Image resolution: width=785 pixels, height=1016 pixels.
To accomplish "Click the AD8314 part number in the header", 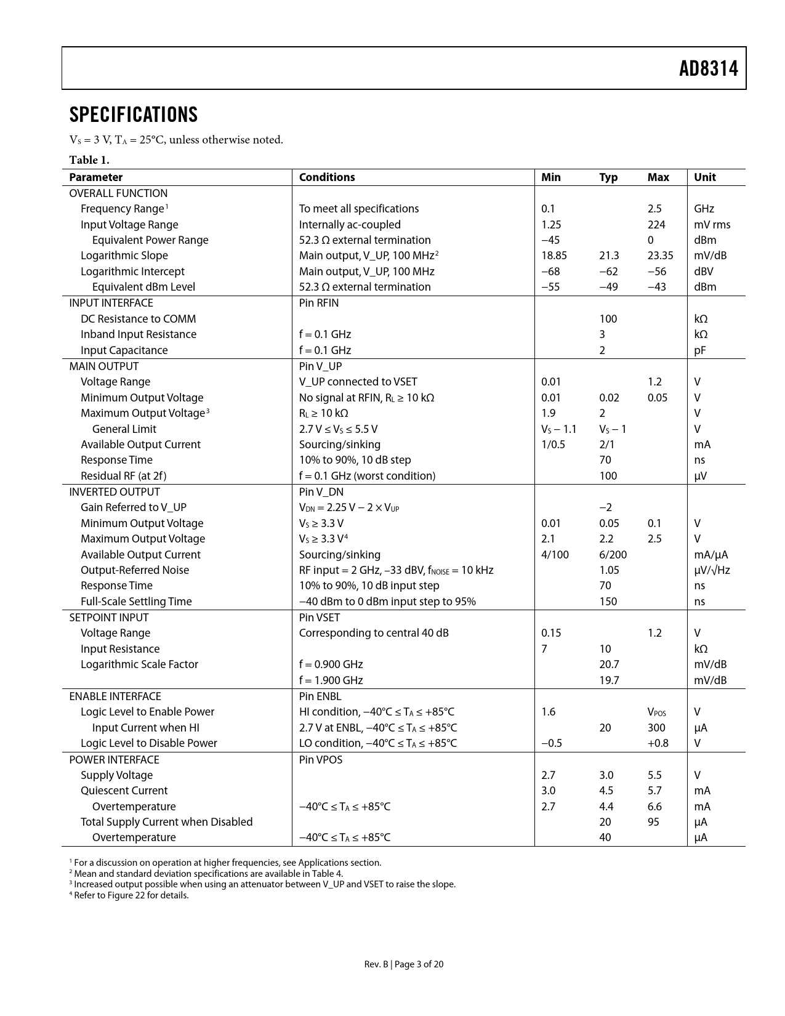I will pos(708,68).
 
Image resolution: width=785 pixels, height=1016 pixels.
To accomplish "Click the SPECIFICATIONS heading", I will pos(134,115).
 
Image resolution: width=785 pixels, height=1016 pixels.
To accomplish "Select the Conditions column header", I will pos(327,177).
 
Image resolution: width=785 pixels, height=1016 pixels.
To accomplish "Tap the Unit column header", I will pos(705,177).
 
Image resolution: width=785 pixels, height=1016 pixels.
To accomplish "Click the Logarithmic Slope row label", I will pos(124,256).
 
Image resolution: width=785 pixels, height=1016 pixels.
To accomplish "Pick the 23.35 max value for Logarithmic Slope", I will pos(660,256).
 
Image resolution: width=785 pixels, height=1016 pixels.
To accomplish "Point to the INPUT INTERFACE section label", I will pos(111,303).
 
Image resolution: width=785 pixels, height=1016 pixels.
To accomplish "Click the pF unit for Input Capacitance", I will pos(700,350).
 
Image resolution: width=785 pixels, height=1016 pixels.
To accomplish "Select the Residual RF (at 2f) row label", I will pos(123,476).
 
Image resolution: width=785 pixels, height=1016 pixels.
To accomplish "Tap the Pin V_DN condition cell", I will pos(321,492).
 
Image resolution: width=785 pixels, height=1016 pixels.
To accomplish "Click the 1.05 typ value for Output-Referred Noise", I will pos(609,570).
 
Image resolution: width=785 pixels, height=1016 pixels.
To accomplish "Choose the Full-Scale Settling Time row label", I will pos(136,602).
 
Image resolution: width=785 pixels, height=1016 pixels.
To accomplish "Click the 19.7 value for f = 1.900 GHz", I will pos(609,680).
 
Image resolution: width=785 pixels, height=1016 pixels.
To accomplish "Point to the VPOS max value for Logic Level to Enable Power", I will pos(656,712).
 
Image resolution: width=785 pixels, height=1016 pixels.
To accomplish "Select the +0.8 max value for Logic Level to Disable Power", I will pos(658,743).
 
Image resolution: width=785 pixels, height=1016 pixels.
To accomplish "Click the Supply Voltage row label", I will pos(116,775).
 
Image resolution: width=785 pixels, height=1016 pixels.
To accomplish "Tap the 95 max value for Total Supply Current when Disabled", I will pos(653,822).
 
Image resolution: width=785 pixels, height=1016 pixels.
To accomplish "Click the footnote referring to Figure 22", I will pos(131,895).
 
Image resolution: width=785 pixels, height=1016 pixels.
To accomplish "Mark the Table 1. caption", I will pos(89,160).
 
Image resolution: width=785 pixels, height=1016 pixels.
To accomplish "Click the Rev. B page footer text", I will pos(403,964).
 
